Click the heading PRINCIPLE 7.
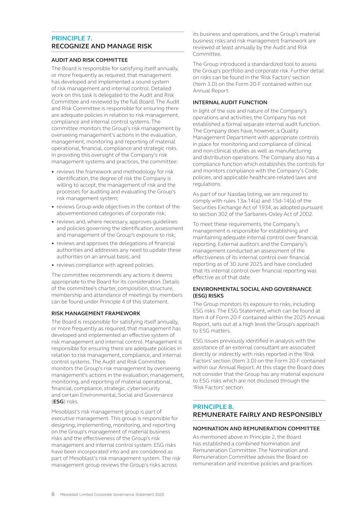coord(72,38)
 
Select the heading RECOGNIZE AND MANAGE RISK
coord(101,46)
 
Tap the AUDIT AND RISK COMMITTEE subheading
coord(90,60)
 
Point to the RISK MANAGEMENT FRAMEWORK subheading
coord(96,313)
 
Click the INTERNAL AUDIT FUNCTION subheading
coord(230,102)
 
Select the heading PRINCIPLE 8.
coord(213,406)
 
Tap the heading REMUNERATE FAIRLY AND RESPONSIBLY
coord(257,415)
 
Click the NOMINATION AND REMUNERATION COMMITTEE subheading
coord(256,428)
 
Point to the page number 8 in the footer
coord(53,494)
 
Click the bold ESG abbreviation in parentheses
coord(58,402)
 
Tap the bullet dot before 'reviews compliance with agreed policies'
coord(53,265)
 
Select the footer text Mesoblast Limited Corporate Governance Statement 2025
coord(112,495)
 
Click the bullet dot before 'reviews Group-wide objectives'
coord(53,207)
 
